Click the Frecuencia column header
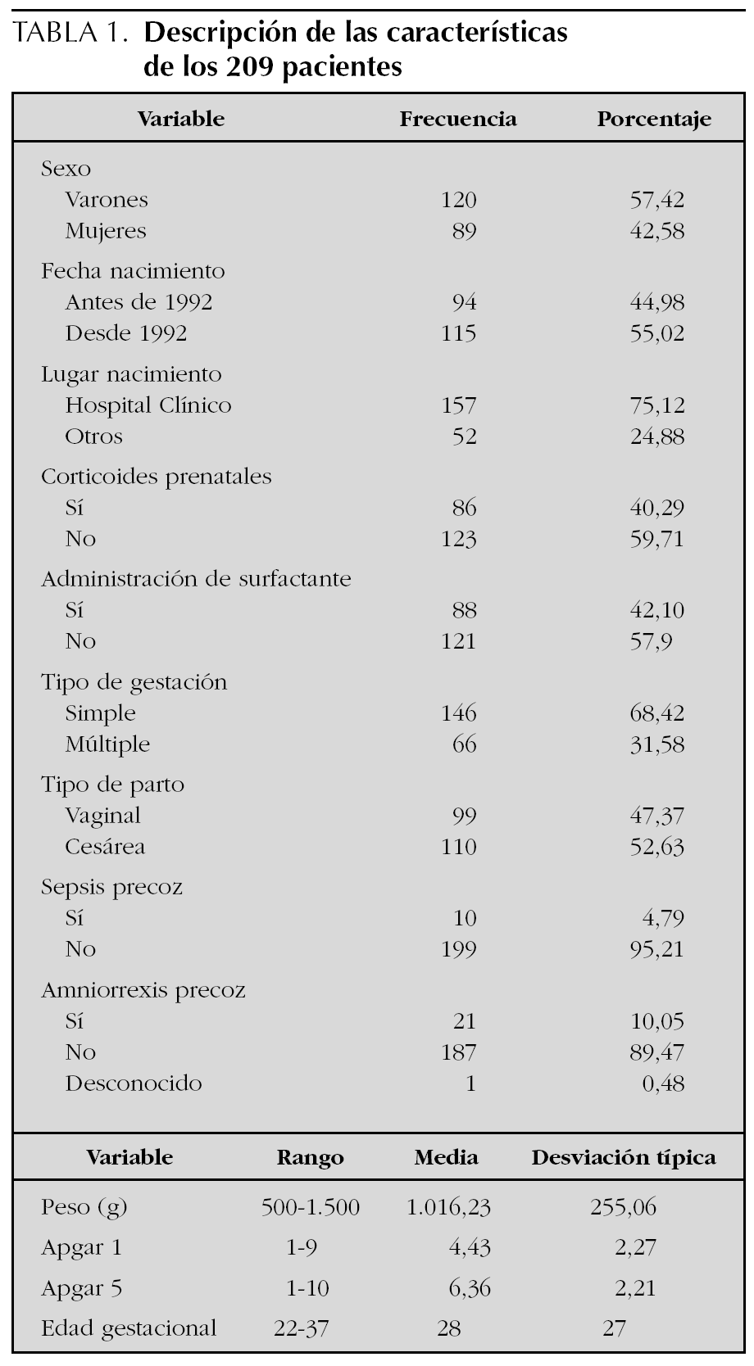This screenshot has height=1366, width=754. [x=457, y=120]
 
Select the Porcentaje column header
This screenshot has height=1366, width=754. [x=653, y=120]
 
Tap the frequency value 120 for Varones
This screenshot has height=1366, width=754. [x=458, y=200]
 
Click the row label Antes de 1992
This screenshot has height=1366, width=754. [x=139, y=303]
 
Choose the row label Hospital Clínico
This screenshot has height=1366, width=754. [x=148, y=405]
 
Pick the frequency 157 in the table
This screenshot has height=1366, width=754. [x=458, y=405]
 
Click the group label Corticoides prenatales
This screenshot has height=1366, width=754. [x=156, y=477]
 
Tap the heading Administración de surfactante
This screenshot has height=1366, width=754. [x=196, y=579]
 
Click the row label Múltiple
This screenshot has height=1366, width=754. [x=107, y=744]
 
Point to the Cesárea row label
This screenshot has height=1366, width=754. [x=105, y=847]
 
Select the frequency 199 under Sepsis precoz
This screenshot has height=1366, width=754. [x=458, y=949]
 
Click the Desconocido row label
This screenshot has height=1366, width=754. [x=134, y=1083]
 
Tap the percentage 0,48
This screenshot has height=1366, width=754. [x=663, y=1083]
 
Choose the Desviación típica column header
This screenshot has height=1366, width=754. [x=623, y=1157]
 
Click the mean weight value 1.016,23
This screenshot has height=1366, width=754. [x=447, y=1207]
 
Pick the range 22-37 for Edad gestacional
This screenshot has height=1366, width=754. [x=301, y=1328]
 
